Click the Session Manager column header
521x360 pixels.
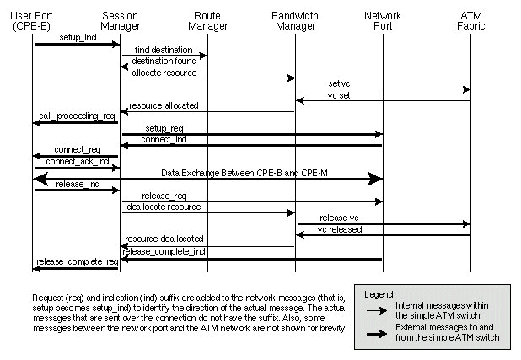(120, 21)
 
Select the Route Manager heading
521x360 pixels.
(207, 21)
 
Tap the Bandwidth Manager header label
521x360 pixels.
(296, 21)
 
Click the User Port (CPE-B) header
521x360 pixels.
(34, 21)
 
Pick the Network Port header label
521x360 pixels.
(383, 21)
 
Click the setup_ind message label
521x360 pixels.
(78, 38)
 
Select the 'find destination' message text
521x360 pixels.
(164, 51)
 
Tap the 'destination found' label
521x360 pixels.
(164, 62)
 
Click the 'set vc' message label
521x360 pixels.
(340, 83)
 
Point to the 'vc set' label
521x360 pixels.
(340, 95)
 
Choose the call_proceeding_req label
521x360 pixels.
(77, 116)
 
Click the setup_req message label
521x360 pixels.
(165, 128)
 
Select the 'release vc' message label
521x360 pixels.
(340, 218)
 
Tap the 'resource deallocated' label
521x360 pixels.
(164, 239)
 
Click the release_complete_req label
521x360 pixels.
(77, 262)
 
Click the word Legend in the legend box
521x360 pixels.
(379, 294)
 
